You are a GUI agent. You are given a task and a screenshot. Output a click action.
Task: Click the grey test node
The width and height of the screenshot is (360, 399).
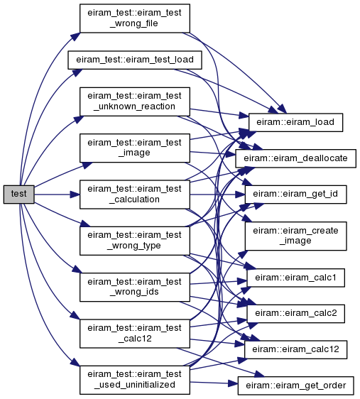(19, 195)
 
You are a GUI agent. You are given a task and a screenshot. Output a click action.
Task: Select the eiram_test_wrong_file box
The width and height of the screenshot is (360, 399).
(135, 18)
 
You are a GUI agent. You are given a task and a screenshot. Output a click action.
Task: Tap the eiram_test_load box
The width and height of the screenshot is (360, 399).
(135, 60)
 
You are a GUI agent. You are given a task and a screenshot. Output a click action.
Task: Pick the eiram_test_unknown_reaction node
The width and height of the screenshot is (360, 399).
(135, 102)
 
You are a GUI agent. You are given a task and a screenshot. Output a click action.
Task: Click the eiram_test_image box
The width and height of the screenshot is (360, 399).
(135, 148)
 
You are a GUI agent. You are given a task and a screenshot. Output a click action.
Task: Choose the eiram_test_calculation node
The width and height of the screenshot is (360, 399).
(135, 195)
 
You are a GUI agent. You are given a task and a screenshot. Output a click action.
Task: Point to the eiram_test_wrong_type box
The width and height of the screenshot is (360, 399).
(135, 241)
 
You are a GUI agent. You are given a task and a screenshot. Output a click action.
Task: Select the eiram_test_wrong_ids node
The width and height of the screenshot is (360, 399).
(135, 288)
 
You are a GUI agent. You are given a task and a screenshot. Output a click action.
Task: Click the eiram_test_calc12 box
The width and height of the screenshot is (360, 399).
(135, 334)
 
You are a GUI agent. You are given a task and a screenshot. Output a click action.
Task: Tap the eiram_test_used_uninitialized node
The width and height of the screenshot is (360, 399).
(135, 380)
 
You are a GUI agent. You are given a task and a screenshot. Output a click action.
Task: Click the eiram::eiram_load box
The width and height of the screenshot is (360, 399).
(295, 122)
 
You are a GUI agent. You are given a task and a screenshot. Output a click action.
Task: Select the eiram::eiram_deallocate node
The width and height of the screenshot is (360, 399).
(295, 158)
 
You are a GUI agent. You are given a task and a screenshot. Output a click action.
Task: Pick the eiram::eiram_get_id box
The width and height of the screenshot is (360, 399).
(295, 195)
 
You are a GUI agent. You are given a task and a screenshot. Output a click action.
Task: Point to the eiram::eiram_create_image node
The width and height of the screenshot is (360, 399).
(295, 236)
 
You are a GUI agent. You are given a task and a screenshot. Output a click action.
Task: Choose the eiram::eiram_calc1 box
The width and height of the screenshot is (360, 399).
(295, 278)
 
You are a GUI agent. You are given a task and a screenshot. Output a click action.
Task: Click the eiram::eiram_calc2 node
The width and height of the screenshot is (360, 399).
(295, 314)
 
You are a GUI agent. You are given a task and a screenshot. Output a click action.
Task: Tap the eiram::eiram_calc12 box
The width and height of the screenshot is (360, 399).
(295, 349)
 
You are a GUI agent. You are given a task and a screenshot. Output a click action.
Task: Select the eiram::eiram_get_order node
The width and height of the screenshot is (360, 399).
(295, 386)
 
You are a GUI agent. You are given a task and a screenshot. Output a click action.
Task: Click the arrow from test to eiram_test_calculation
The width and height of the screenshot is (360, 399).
(57, 195)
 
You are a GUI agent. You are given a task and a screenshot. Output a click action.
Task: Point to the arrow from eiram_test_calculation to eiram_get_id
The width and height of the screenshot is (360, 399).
(217, 195)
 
